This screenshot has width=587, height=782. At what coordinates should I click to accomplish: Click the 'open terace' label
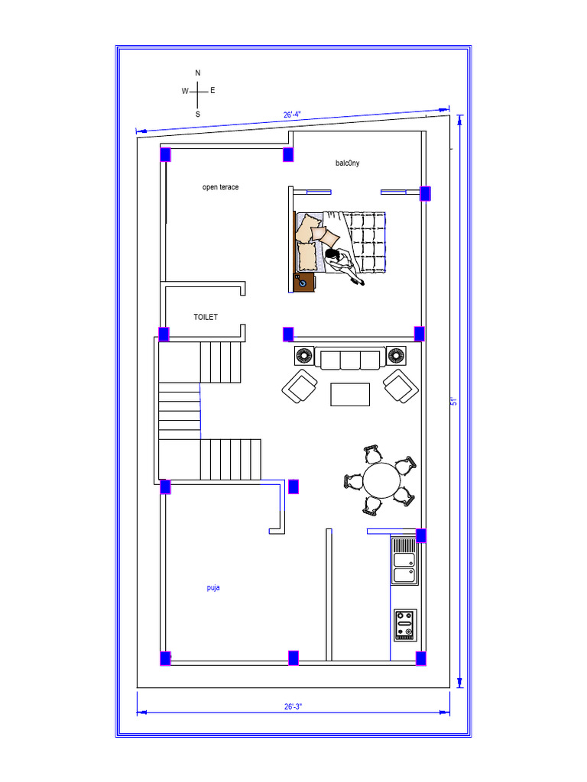(220, 187)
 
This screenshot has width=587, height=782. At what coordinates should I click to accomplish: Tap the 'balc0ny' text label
(348, 163)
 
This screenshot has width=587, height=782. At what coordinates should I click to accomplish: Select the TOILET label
(206, 317)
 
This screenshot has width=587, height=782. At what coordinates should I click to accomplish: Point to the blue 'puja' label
(213, 587)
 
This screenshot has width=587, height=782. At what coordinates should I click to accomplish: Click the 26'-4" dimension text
(292, 115)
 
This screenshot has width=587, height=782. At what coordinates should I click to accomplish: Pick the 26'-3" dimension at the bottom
(293, 706)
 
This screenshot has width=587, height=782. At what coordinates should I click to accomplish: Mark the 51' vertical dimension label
(454, 401)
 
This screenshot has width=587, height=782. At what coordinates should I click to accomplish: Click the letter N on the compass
(198, 73)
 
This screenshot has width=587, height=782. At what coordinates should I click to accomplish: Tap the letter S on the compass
(198, 115)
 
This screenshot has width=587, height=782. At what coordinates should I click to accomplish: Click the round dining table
(381, 481)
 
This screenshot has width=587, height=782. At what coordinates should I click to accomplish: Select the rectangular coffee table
(350, 395)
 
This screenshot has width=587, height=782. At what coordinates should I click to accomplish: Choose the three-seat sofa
(350, 358)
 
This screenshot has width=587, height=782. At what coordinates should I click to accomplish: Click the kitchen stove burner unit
(405, 625)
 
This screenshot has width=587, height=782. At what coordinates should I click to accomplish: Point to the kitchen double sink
(404, 561)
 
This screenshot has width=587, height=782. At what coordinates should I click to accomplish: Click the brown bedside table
(304, 283)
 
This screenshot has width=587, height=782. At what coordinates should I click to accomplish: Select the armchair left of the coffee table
(300, 386)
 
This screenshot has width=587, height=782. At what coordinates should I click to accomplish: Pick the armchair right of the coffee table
(401, 386)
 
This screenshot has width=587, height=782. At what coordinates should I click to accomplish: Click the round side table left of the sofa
(304, 356)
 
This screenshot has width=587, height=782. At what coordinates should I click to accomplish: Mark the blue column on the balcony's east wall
(425, 193)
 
